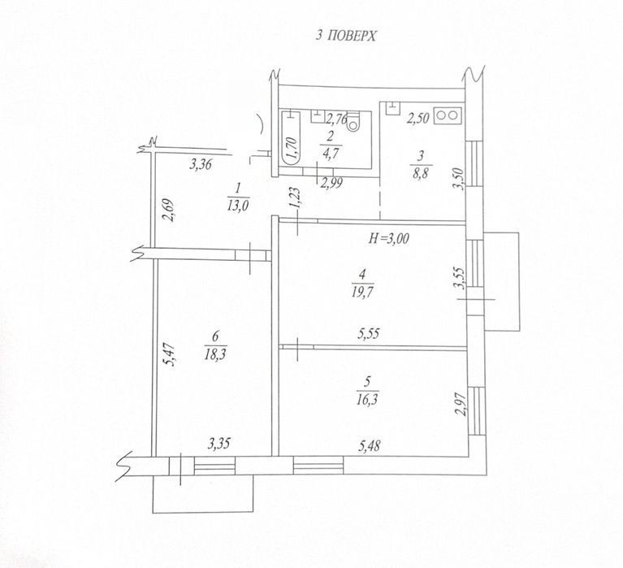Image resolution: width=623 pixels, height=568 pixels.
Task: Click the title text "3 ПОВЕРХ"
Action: click(x=345, y=37)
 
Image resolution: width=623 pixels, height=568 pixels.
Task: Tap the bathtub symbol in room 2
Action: click(x=291, y=138)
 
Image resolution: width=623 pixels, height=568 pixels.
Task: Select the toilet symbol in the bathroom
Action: click(x=353, y=122)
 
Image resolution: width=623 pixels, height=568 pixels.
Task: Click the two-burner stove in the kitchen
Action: click(x=448, y=115)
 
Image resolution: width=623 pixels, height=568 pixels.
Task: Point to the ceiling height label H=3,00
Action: click(x=389, y=238)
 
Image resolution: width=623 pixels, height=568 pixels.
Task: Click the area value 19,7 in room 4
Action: click(x=362, y=293)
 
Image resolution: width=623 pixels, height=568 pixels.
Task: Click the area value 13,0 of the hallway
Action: click(x=238, y=206)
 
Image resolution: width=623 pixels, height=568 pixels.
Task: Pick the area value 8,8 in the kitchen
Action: click(x=422, y=173)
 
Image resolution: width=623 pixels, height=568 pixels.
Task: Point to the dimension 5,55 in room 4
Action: click(x=368, y=333)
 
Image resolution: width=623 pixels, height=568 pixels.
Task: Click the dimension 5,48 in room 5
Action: click(x=369, y=446)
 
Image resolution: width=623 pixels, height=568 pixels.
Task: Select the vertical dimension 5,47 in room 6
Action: click(x=170, y=355)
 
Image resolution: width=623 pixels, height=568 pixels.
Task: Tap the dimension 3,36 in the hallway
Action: click(x=201, y=164)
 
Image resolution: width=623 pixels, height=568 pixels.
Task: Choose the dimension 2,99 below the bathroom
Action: click(x=331, y=183)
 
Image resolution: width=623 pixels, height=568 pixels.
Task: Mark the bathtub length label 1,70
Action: click(x=292, y=148)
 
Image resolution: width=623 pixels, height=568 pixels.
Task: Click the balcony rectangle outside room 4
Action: click(x=502, y=281)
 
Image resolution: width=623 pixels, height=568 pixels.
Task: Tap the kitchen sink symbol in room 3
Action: click(x=392, y=108)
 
